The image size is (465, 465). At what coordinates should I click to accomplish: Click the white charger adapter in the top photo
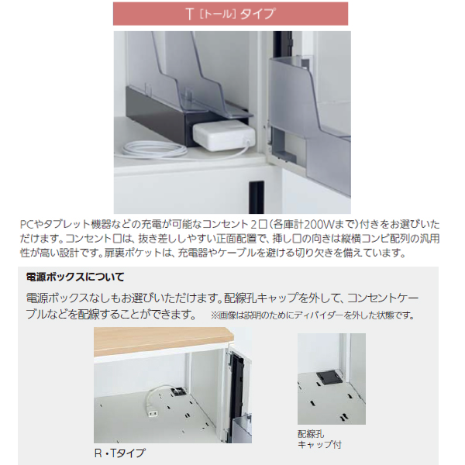pyautogui.click(x=223, y=136)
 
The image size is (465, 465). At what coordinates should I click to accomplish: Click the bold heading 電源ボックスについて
pyautogui.click(x=75, y=276)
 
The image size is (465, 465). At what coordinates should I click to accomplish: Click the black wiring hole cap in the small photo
pyautogui.click(x=328, y=375)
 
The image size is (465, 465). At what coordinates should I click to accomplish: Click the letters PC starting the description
pyautogui.click(x=27, y=222)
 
